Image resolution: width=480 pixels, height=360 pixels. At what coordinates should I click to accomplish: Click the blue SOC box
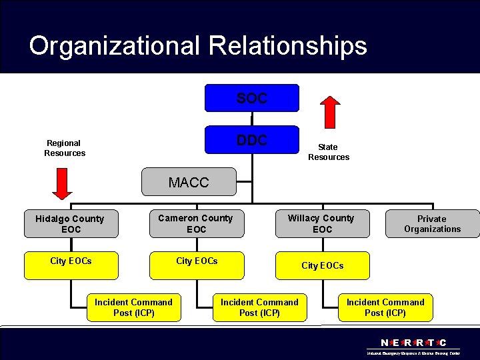point(251,98)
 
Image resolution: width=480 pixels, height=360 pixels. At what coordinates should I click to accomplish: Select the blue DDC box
point(251,140)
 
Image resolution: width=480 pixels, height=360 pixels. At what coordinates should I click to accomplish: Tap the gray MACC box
point(189,182)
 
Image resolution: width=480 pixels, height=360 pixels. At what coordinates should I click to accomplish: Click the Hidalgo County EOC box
point(70,224)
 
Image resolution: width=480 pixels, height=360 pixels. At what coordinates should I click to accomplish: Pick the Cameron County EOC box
point(196,223)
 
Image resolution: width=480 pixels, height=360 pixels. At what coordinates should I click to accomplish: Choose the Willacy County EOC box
point(322,223)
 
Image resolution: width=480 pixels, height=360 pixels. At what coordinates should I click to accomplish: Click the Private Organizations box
point(432,223)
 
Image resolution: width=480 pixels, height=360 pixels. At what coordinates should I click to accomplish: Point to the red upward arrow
point(329,111)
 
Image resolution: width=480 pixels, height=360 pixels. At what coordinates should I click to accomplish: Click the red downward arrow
point(62,183)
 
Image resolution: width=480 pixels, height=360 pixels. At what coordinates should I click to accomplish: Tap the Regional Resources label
point(65,148)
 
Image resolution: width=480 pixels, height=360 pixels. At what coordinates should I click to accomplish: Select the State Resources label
point(328,152)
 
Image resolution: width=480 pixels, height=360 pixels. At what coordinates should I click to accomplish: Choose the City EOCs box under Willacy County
point(323,265)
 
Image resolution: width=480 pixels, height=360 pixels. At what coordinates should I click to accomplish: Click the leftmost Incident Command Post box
point(133,307)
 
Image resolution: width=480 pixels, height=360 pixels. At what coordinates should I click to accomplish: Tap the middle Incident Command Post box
point(259,307)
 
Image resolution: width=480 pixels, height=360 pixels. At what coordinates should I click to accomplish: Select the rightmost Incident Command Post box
point(385,307)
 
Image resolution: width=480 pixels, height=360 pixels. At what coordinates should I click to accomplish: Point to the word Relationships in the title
point(288,46)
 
